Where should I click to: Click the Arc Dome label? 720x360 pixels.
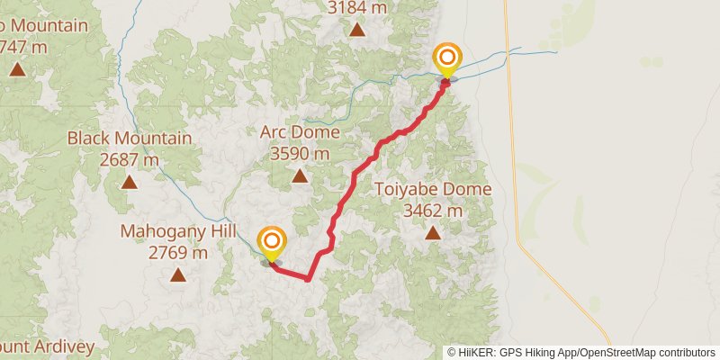tap(300, 132)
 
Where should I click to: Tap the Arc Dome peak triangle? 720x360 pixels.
tap(300, 176)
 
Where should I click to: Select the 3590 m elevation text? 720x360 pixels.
tap(300, 154)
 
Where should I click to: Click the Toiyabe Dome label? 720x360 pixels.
tap(433, 190)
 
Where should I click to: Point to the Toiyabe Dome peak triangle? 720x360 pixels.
tap(433, 234)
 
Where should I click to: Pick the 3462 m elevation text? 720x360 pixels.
tap(433, 211)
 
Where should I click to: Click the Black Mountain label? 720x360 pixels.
tap(130, 139)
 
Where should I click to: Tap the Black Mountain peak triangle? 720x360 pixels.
tap(130, 183)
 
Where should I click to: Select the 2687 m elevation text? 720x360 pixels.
tap(130, 160)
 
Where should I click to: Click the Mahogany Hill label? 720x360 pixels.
tap(177, 231)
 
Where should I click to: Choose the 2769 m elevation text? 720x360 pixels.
tap(177, 253)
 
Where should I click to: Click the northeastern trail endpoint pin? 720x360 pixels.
tap(446, 60)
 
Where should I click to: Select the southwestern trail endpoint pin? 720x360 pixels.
tap(271, 244)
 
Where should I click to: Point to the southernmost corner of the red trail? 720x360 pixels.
tap(307, 279)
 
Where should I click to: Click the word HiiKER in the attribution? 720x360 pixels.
tap(476, 352)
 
